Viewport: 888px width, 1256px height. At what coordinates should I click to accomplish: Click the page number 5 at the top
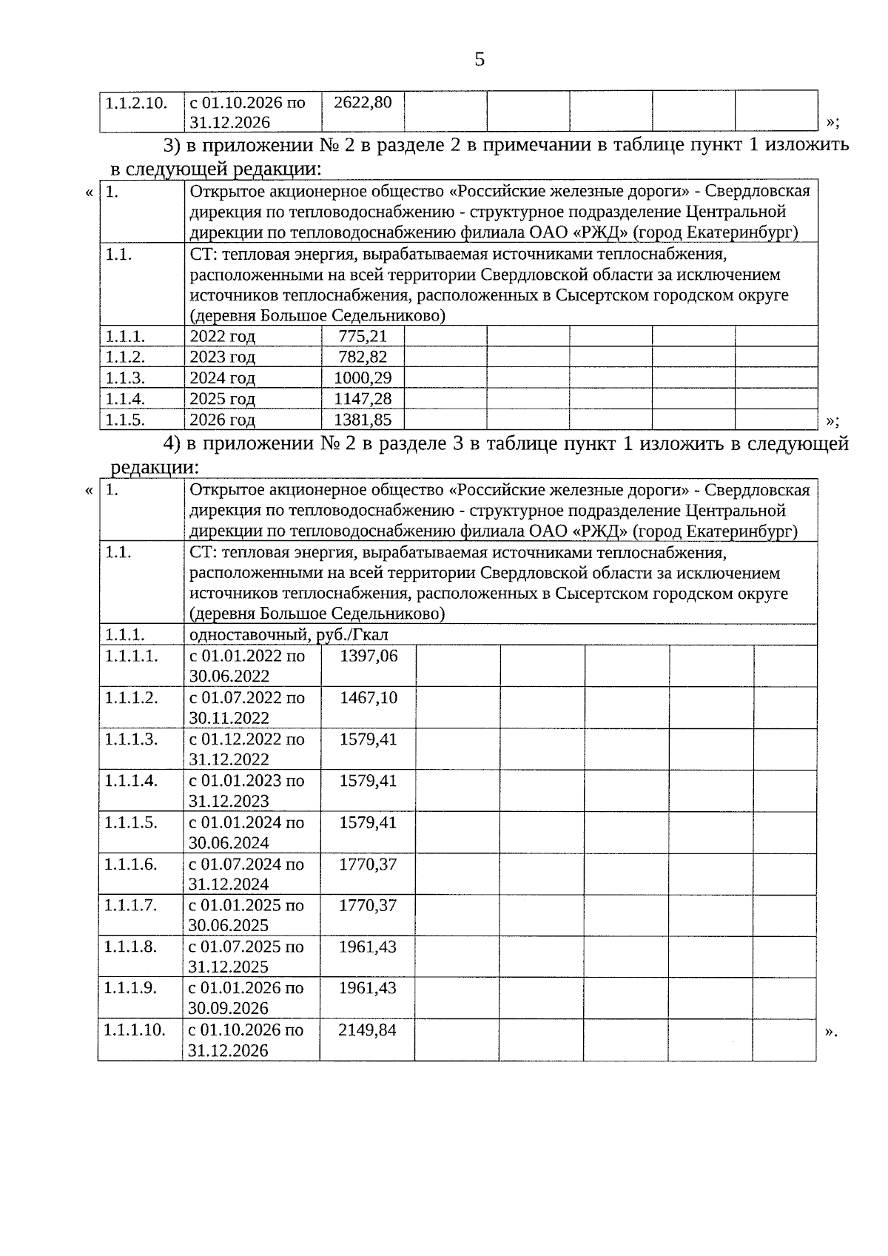pyautogui.click(x=480, y=59)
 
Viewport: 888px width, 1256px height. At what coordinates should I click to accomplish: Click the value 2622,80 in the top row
pyautogui.click(x=363, y=102)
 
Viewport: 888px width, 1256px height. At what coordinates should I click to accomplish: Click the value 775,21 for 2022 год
pyautogui.click(x=363, y=337)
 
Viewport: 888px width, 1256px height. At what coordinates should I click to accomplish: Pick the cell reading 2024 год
pyautogui.click(x=222, y=378)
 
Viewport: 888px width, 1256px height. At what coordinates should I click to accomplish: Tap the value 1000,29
pyautogui.click(x=363, y=378)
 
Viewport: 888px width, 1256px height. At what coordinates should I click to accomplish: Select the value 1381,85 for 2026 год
pyautogui.click(x=363, y=420)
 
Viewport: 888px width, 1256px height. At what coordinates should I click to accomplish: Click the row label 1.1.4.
pyautogui.click(x=125, y=399)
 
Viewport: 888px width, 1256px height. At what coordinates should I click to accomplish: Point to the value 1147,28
pyautogui.click(x=363, y=399)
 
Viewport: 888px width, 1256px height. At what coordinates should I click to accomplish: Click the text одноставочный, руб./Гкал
pyautogui.click(x=289, y=635)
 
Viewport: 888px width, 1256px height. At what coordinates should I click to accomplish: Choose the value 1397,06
pyautogui.click(x=369, y=656)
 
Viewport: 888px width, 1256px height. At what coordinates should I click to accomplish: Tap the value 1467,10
pyautogui.click(x=369, y=698)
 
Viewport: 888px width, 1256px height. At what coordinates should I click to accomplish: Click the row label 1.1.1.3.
pyautogui.click(x=131, y=739)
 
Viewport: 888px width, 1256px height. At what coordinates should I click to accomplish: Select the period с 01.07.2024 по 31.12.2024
pyautogui.click(x=246, y=874)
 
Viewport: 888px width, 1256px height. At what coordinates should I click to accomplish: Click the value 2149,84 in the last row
pyautogui.click(x=367, y=1030)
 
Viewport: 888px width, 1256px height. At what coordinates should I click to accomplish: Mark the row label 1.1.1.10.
pyautogui.click(x=134, y=1030)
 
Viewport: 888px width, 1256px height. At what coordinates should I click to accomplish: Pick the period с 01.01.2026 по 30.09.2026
pyautogui.click(x=246, y=998)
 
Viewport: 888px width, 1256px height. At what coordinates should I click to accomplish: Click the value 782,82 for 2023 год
pyautogui.click(x=363, y=357)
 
